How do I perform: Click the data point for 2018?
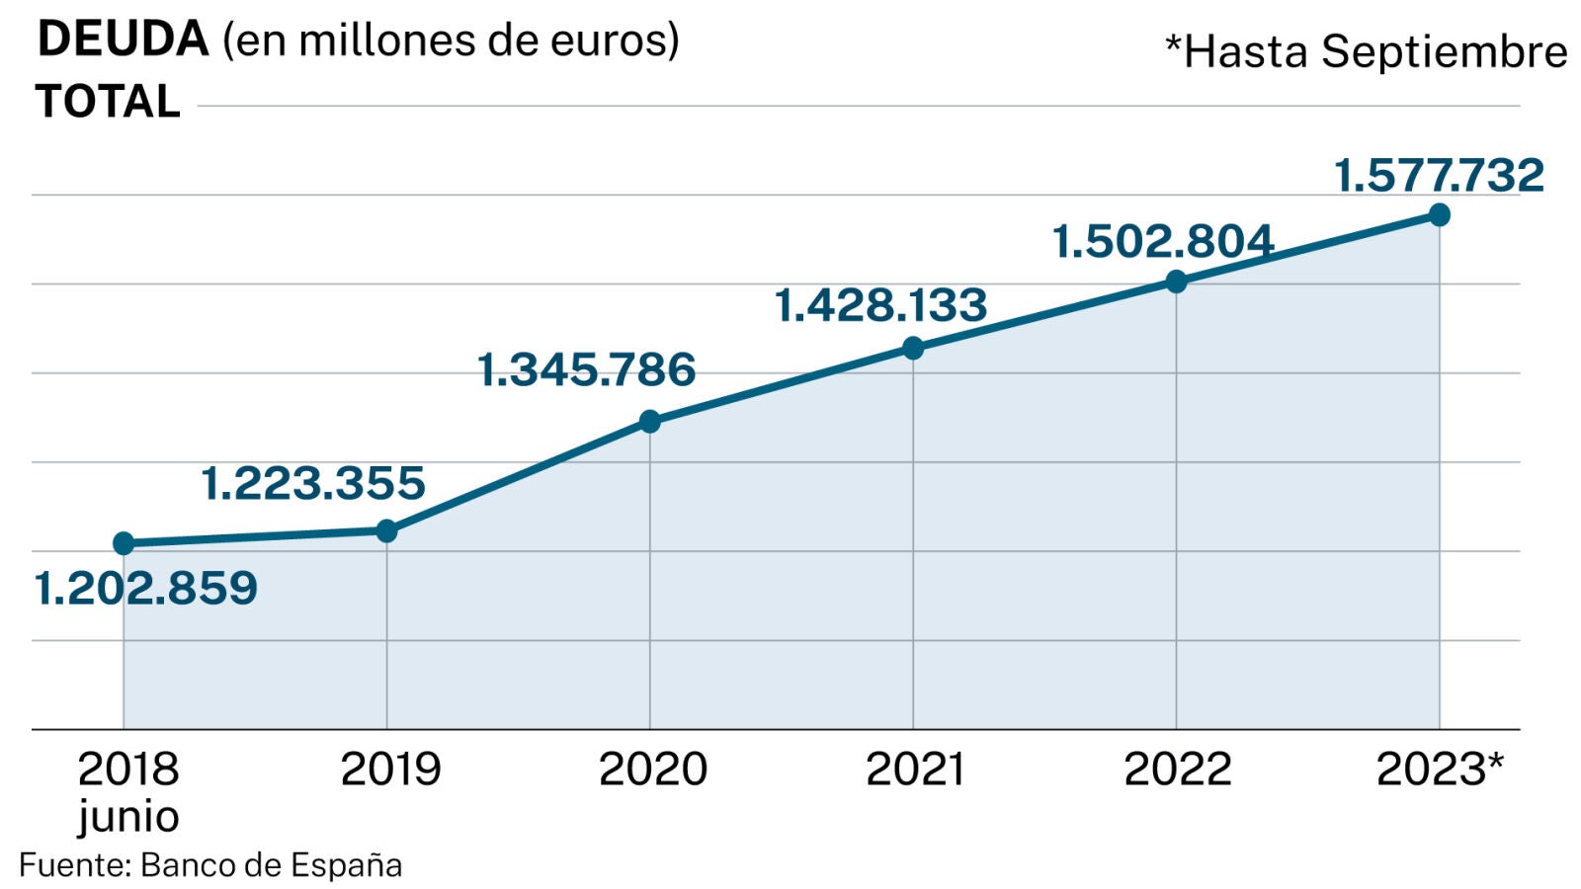(x=124, y=543)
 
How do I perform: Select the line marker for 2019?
(x=386, y=531)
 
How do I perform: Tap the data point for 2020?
(x=649, y=422)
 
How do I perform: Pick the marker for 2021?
(x=913, y=348)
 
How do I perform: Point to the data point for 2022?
(x=1176, y=282)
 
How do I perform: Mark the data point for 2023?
(x=1440, y=214)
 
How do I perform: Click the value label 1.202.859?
(x=146, y=589)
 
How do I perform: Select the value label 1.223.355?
(x=313, y=484)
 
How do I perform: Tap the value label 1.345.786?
(x=587, y=370)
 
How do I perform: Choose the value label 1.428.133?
(x=880, y=305)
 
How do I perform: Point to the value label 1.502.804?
(x=1163, y=242)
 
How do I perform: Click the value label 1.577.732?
(x=1439, y=176)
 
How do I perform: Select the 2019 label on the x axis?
(x=390, y=769)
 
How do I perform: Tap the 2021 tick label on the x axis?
(x=915, y=769)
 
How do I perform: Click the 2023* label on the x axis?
(x=1440, y=769)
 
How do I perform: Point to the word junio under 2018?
(x=128, y=817)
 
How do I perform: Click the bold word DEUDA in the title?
(x=123, y=40)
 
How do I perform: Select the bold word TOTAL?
(x=108, y=102)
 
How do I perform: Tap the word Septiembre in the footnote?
(x=1445, y=52)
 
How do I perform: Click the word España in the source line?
(x=348, y=865)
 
